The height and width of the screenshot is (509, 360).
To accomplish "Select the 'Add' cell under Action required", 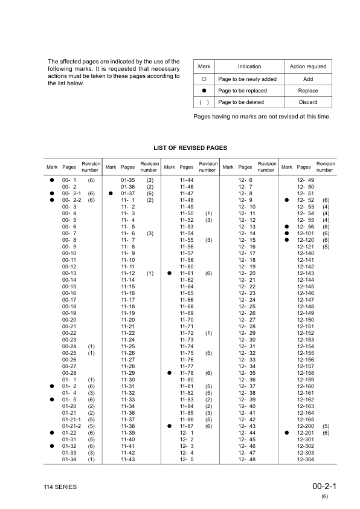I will pyautogui.click(x=308, y=79).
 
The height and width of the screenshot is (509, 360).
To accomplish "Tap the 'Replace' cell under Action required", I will pyautogui.click(x=308, y=91).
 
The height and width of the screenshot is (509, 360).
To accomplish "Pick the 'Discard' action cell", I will pyautogui.click(x=308, y=102).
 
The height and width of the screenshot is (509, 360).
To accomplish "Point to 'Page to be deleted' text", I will pyautogui.click(x=242, y=102).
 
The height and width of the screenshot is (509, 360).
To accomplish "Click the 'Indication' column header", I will pyautogui.click(x=249, y=66).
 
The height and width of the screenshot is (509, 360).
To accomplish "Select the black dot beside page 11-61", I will pyautogui.click(x=170, y=273).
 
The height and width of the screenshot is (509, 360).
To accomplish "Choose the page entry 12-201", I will pyautogui.click(x=306, y=433).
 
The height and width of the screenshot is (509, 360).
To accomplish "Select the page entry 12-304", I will pyautogui.click(x=306, y=459).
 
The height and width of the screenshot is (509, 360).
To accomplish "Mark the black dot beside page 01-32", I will pyautogui.click(x=52, y=446).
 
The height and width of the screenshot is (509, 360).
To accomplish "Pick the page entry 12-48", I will pyautogui.click(x=246, y=459).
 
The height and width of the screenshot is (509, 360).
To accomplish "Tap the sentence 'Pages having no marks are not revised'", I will pyautogui.click(x=262, y=116).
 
